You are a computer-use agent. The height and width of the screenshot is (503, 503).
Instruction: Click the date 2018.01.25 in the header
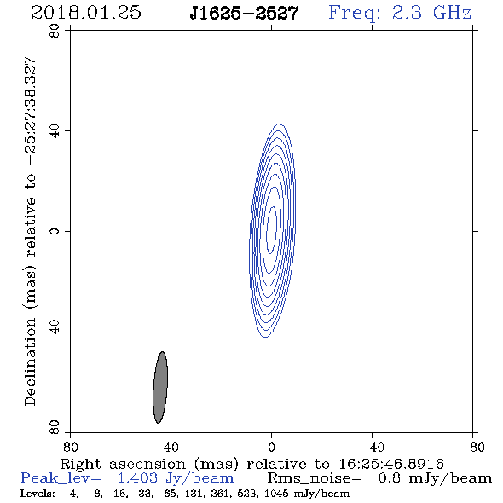(86, 13)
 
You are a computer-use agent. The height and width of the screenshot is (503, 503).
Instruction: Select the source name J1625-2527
(244, 13)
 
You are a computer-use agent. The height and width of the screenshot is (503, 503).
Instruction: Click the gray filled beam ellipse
(160, 388)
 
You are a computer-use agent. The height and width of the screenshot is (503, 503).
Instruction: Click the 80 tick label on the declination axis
(55, 31)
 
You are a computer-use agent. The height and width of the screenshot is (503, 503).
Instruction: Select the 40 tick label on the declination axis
(55, 131)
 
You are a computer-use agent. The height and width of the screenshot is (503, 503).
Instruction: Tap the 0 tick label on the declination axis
(55, 231)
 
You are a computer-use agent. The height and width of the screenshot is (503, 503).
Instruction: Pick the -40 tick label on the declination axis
(55, 332)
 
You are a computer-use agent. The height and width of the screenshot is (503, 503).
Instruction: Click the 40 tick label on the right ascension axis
(171, 448)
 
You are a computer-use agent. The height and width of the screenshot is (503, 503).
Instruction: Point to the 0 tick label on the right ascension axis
(271, 448)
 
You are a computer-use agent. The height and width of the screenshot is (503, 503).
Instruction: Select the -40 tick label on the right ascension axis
(372, 448)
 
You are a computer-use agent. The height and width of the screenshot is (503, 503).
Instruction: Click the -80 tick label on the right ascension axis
(472, 448)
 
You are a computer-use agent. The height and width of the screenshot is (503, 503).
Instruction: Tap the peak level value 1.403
(137, 478)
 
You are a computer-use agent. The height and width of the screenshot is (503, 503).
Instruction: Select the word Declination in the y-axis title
(30, 362)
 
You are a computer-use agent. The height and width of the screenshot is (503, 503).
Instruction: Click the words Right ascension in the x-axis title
(123, 464)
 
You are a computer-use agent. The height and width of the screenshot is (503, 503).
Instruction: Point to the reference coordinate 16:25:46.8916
(391, 464)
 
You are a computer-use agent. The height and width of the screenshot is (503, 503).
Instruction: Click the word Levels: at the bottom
(38, 493)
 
